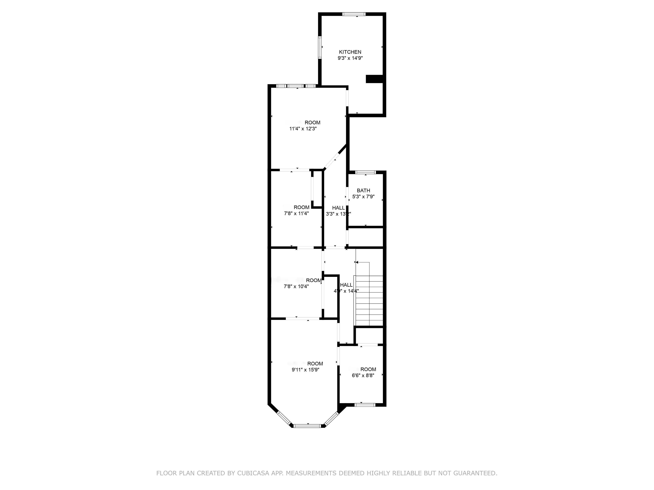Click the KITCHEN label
(x=350, y=52)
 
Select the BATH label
(x=363, y=190)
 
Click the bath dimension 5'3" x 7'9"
(x=363, y=196)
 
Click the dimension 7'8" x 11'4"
(x=296, y=213)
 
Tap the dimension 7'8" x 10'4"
(x=296, y=286)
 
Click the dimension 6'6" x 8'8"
(x=363, y=375)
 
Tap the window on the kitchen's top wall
(x=354, y=14)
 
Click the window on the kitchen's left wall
(x=320, y=47)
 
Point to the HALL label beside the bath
(x=338, y=208)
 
